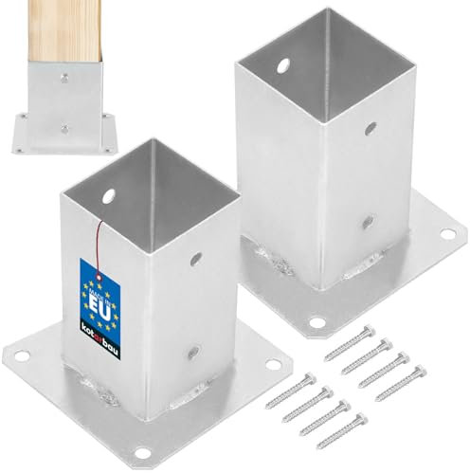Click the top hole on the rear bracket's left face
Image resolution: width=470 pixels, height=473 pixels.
click(282, 67)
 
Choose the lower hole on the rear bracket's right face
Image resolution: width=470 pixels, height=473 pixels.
click(368, 221)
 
